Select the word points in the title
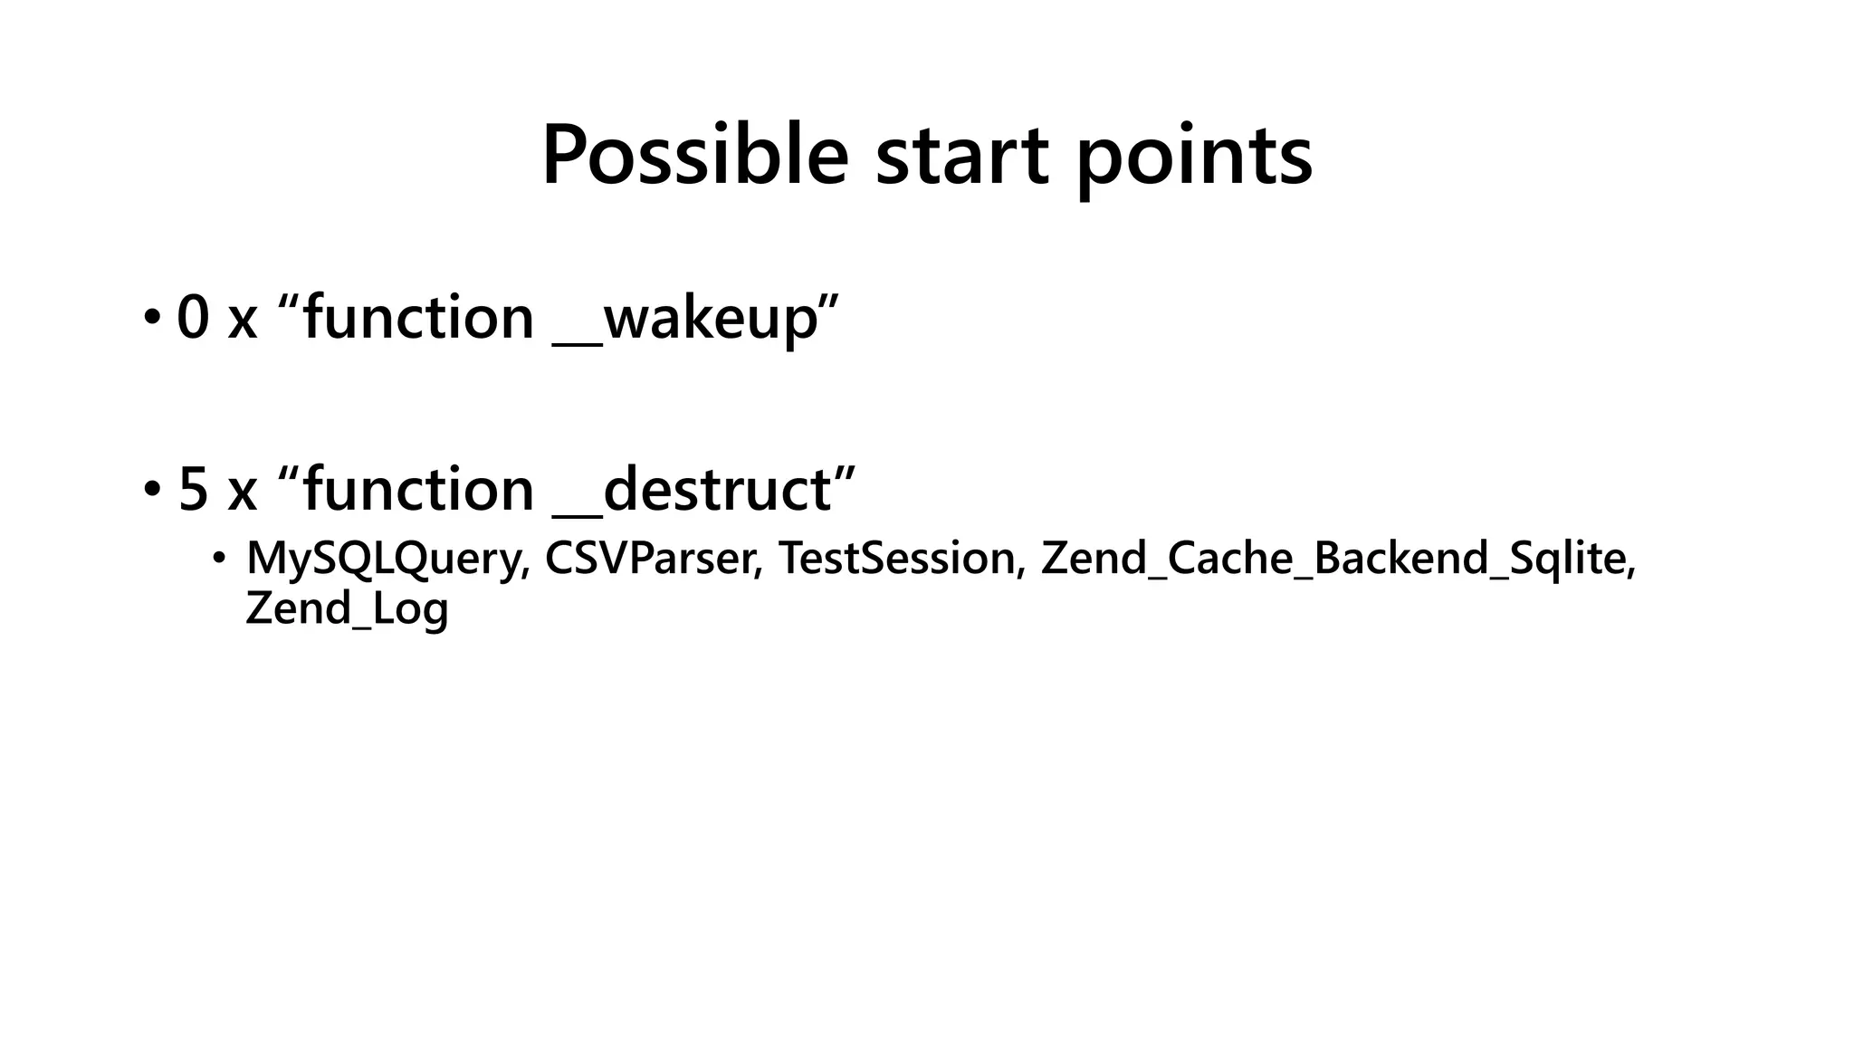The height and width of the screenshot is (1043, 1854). point(1194,157)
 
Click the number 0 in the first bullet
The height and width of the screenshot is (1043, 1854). point(193,318)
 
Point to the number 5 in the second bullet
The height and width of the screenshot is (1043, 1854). point(193,490)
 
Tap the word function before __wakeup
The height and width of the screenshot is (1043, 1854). point(418,318)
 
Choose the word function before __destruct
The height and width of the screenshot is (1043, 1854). point(418,490)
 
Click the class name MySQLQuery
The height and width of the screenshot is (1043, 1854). point(387,559)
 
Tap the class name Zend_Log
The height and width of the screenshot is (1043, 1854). point(347,608)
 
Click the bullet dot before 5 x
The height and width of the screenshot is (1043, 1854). point(150,490)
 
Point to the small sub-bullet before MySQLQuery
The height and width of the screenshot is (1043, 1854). point(217,559)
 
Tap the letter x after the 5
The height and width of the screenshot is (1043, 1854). point(243,492)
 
